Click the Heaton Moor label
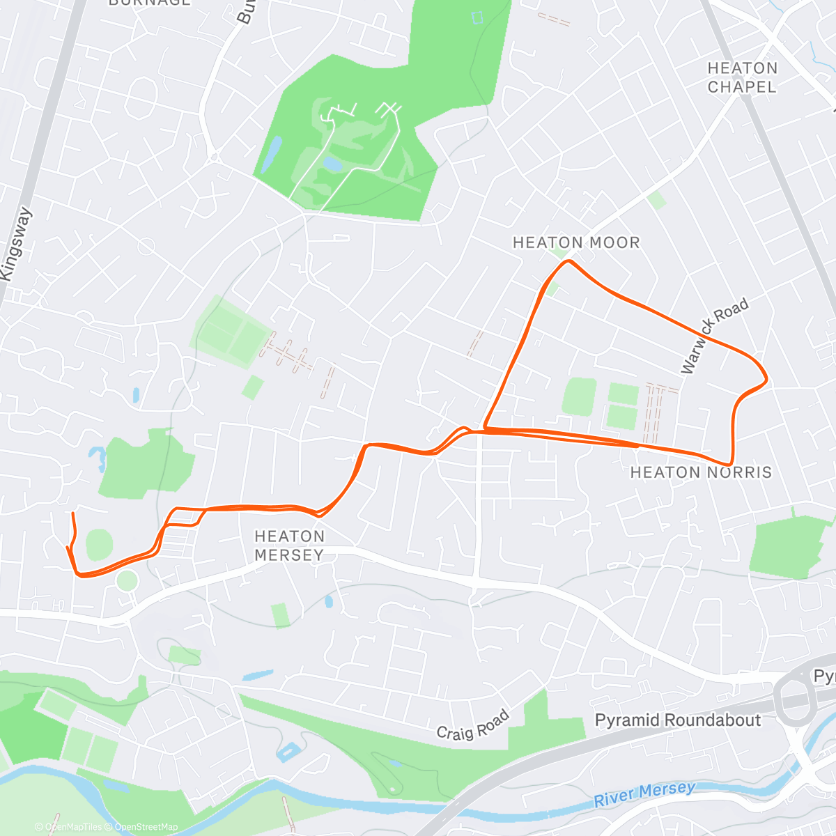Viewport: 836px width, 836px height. [575, 242]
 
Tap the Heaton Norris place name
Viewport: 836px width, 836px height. [701, 472]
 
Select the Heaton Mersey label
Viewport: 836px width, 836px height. [289, 545]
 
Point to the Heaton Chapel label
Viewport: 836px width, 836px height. [742, 77]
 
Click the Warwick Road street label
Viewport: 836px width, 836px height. [714, 335]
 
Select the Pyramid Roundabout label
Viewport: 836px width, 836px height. [677, 720]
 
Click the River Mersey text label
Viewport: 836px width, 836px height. [644, 794]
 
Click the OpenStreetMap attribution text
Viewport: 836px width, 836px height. [146, 827]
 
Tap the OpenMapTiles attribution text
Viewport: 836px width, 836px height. [73, 827]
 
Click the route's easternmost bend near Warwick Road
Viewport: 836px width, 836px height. [766, 380]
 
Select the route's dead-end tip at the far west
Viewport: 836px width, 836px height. [72, 513]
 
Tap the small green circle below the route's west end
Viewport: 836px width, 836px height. [127, 580]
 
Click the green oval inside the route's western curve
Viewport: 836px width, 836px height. [100, 543]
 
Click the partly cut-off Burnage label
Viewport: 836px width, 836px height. [149, 3]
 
